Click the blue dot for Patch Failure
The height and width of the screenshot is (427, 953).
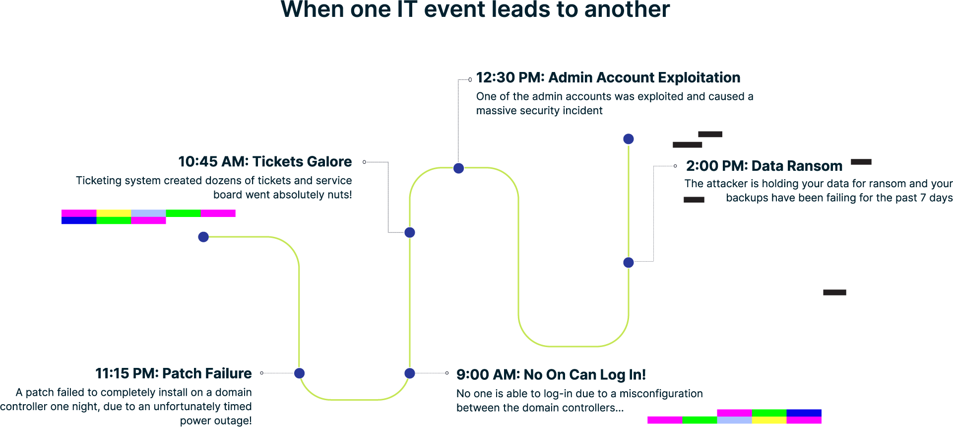click(x=299, y=373)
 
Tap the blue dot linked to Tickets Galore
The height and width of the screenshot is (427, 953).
click(x=409, y=232)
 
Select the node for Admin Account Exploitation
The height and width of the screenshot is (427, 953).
click(x=458, y=168)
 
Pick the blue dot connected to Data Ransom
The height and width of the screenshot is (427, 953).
click(x=629, y=263)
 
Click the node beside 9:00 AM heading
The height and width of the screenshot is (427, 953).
click(x=409, y=373)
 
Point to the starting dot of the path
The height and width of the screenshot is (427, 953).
click(x=203, y=237)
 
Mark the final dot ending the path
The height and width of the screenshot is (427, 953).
click(x=629, y=139)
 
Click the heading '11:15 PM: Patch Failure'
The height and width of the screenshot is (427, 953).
click(x=173, y=373)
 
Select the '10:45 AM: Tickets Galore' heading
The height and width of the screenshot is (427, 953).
click(x=265, y=161)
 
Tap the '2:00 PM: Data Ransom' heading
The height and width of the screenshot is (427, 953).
click(x=764, y=166)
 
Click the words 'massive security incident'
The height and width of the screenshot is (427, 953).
click(x=539, y=111)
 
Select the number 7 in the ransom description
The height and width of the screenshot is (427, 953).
click(x=923, y=198)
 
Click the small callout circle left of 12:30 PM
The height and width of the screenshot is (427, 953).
click(x=470, y=79)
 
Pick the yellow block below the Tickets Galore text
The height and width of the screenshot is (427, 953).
click(x=114, y=213)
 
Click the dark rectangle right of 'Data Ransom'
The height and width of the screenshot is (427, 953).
click(x=861, y=162)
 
